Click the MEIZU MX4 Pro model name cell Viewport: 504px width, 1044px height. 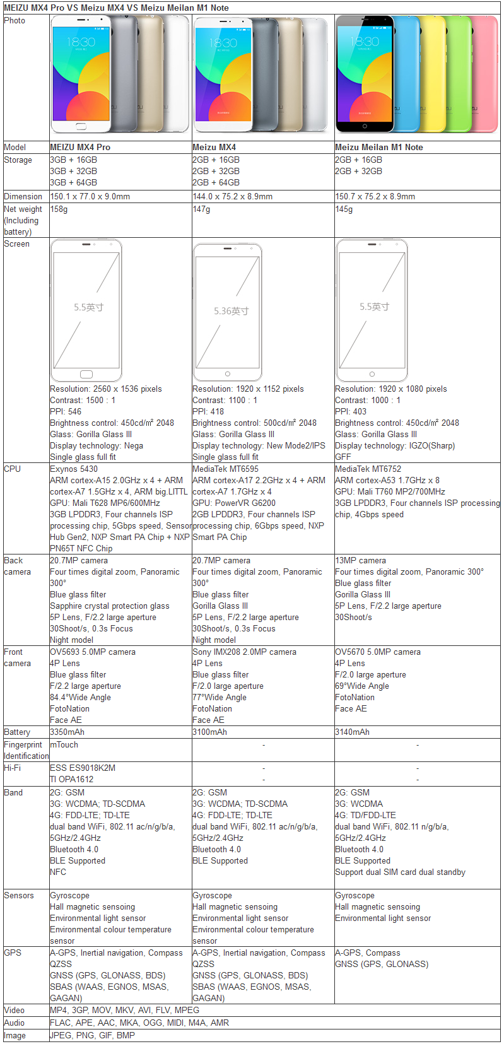pyautogui.click(x=80, y=147)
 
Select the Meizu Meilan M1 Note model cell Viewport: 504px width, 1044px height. pyautogui.click(x=378, y=147)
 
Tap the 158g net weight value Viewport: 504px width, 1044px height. pyautogui.click(x=59, y=209)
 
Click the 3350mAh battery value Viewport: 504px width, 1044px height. pyautogui.click(x=67, y=732)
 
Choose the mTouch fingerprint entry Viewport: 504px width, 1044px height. pyautogui.click(x=64, y=744)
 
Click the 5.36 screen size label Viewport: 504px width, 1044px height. pyautogui.click(x=231, y=311)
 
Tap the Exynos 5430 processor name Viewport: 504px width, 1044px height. pyautogui.click(x=74, y=469)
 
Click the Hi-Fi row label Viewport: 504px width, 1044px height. pyautogui.click(x=13, y=768)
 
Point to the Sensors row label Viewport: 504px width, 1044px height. pyautogui.click(x=19, y=895)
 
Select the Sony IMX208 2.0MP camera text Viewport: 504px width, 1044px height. pyautogui.click(x=244, y=652)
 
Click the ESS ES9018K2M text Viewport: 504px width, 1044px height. pyautogui.click(x=83, y=768)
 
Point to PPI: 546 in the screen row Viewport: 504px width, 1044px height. pyautogui.click(x=66, y=411)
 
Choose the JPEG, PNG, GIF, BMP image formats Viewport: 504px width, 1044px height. pyautogui.click(x=92, y=1035)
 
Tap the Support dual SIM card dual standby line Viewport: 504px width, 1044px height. pyautogui.click(x=400, y=872)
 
